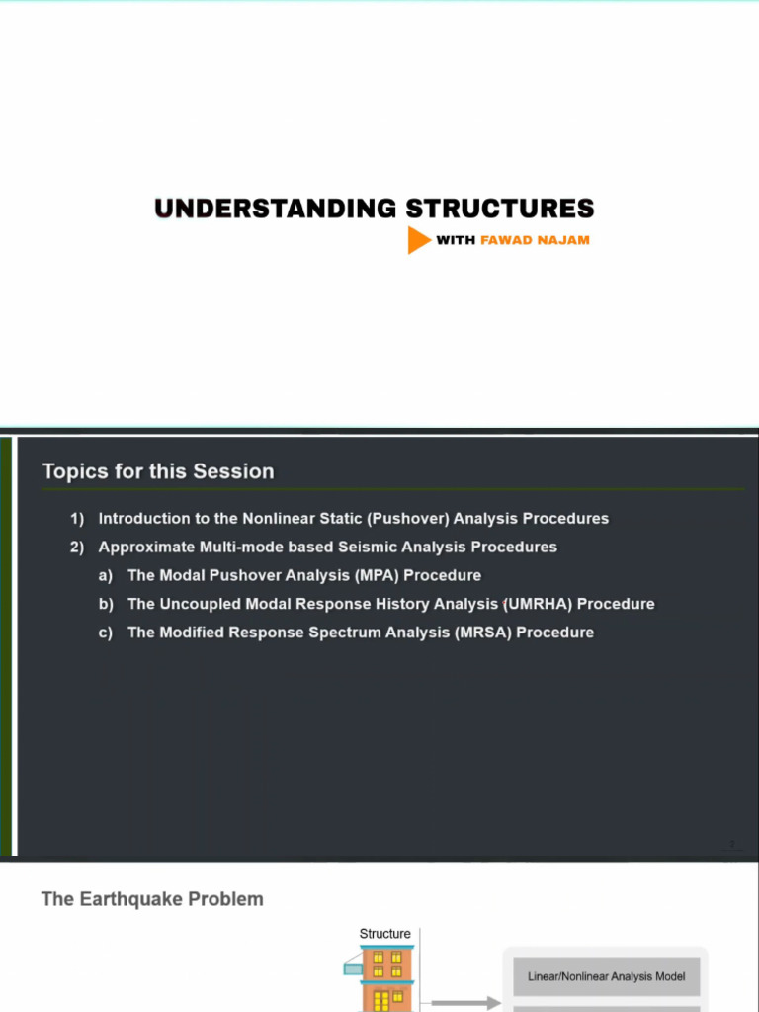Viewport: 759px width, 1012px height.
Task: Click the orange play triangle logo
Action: tap(418, 240)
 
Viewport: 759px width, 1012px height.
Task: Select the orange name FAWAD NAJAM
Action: tap(535, 240)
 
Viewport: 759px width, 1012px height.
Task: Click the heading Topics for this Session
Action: tap(158, 471)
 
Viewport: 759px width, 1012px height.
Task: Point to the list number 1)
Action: tap(77, 519)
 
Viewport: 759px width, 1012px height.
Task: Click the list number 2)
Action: tap(77, 548)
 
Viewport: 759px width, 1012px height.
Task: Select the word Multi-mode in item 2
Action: tap(241, 548)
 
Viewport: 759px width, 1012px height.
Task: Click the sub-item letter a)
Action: tap(105, 576)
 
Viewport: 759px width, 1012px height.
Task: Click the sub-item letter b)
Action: tap(105, 605)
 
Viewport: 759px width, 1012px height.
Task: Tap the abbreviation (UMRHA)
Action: tap(539, 605)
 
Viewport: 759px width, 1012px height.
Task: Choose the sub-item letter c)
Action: tap(105, 633)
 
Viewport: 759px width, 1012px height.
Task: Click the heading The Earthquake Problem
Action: tap(152, 899)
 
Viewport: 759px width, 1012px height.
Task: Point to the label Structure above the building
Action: tap(385, 934)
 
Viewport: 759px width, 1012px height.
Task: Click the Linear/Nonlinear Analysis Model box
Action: tap(606, 976)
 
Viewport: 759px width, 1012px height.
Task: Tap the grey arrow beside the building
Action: tap(479, 1002)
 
